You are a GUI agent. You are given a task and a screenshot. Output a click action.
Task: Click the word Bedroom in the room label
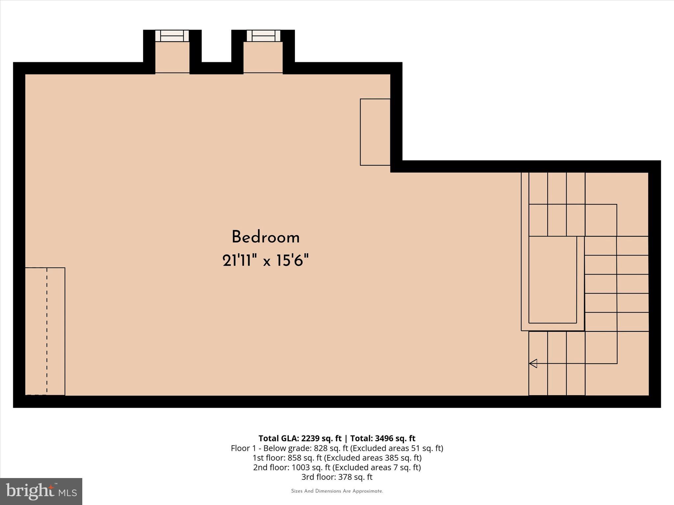266,237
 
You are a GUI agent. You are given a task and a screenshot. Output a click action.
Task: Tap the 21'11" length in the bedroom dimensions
239,261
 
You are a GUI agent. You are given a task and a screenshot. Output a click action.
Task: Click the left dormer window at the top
172,36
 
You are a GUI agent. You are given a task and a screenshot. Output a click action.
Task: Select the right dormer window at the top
263,36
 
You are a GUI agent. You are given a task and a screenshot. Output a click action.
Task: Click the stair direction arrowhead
533,363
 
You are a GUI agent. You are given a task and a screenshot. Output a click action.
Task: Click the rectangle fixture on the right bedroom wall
375,132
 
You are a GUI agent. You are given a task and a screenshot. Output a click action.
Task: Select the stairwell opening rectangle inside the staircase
553,279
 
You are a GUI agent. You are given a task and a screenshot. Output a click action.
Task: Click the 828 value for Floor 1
320,448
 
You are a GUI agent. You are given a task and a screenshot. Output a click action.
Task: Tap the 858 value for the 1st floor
294,458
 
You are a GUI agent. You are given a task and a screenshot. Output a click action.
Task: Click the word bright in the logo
30,491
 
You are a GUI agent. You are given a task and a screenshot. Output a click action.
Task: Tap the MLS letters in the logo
67,493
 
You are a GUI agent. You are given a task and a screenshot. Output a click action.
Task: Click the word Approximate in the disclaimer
368,491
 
